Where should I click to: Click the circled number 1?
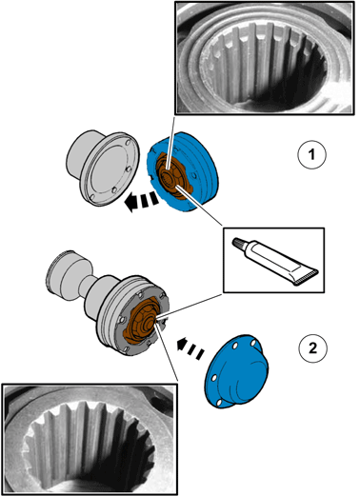tap(311, 155)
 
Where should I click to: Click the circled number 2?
tap(312, 348)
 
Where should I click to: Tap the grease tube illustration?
tap(275, 261)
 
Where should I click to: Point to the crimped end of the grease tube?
tap(306, 278)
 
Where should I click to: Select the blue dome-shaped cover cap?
tap(236, 370)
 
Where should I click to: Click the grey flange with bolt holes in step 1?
tap(103, 168)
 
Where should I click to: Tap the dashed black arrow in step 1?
tap(142, 202)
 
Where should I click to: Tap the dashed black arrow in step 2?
tap(190, 348)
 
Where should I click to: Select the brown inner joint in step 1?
tap(173, 175)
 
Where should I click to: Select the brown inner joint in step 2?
tap(141, 321)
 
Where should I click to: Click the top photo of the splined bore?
tap(265, 58)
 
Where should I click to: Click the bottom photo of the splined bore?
tap(90, 439)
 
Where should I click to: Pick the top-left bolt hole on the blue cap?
tap(234, 346)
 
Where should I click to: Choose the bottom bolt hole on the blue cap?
tap(219, 403)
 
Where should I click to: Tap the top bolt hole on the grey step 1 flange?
tap(128, 143)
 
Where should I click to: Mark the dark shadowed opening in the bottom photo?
tap(105, 473)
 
